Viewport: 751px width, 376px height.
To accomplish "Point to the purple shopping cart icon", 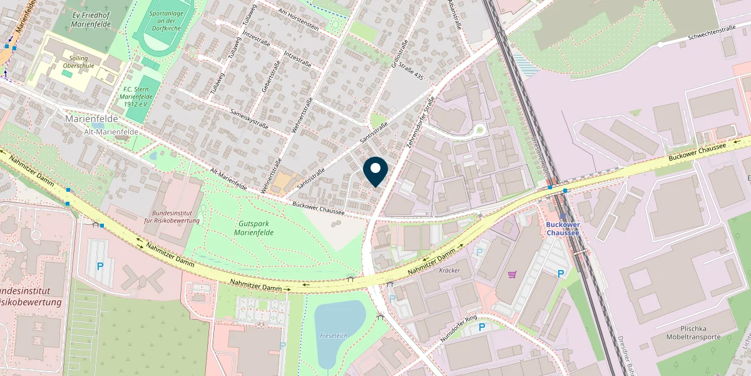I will click(x=513, y=274).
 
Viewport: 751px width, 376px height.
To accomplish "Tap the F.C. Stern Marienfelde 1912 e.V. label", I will click(x=135, y=97).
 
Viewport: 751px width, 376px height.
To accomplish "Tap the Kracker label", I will click(x=449, y=271).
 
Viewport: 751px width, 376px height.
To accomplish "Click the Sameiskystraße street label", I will click(x=249, y=117).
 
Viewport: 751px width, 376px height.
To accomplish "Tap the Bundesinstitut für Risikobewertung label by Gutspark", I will click(x=171, y=217).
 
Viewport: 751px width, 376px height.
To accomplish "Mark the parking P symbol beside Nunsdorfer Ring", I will click(x=482, y=327).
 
